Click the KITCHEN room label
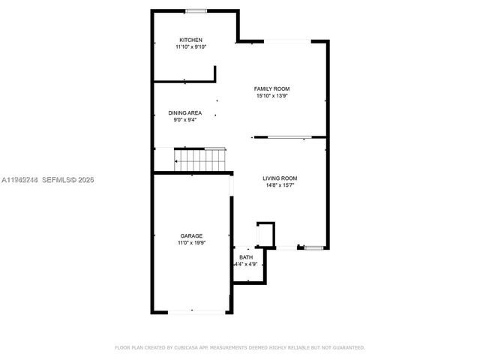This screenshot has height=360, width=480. coord(190,40)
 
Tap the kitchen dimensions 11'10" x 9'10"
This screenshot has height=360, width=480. coord(190,46)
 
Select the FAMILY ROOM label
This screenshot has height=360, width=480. coord(271,88)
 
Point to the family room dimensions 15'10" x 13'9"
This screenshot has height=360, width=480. coord(271,95)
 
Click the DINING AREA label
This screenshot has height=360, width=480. coord(184,112)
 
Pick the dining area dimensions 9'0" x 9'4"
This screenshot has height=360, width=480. coord(184,119)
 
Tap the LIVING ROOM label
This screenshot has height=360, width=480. coord(280,178)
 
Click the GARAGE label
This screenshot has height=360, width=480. coord(190,235)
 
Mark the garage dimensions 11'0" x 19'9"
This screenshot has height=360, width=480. coord(190,242)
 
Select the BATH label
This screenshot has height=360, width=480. coord(246,257)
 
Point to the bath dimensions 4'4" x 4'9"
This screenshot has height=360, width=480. coord(246,264)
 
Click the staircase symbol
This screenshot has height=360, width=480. coord(200,159)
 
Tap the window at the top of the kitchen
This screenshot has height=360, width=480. coord(196,10)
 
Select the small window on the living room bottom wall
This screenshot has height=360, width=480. coord(312,247)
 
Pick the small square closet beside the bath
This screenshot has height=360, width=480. coord(265,233)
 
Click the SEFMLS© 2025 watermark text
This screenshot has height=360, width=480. coord(67,180)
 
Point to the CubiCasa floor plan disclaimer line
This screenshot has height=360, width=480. coord(239,347)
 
